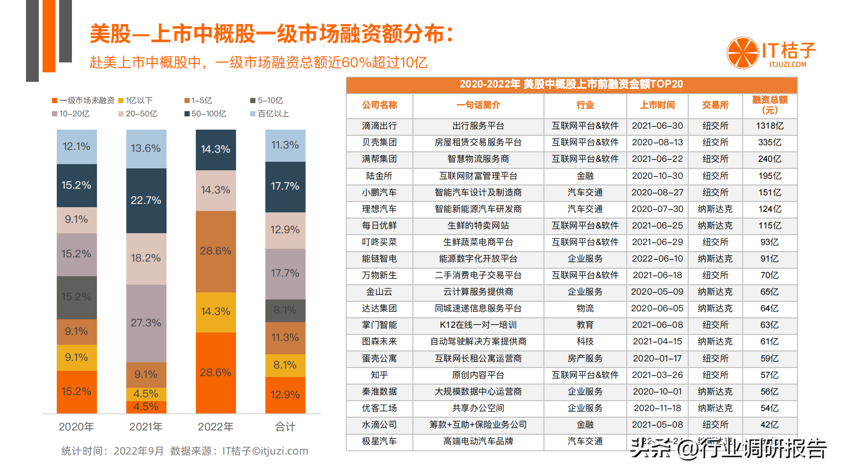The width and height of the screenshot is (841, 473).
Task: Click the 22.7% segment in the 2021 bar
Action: click(x=146, y=201)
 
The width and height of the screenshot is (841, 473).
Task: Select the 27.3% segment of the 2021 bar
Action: click(x=146, y=323)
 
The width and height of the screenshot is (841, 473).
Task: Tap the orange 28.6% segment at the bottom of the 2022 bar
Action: click(x=216, y=373)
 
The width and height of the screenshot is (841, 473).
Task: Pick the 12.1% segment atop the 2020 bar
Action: click(x=77, y=147)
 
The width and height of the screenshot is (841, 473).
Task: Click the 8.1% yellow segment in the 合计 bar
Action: click(x=285, y=365)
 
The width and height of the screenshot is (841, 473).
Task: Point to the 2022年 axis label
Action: click(x=216, y=427)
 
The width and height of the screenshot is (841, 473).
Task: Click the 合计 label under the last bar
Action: click(x=285, y=427)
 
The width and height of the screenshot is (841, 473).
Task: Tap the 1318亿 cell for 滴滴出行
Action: click(x=770, y=126)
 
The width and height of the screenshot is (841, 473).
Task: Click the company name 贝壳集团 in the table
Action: click(x=379, y=142)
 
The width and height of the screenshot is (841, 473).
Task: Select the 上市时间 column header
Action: click(x=657, y=105)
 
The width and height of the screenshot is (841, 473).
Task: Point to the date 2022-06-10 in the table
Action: click(x=657, y=259)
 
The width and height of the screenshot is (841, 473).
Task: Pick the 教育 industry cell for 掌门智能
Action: click(x=585, y=325)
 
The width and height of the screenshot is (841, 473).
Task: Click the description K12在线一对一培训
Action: click(x=478, y=325)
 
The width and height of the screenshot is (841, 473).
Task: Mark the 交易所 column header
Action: click(x=715, y=105)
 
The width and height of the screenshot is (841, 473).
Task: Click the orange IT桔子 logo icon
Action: click(x=743, y=53)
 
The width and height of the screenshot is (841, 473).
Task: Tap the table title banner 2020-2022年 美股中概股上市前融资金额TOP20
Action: click(x=571, y=85)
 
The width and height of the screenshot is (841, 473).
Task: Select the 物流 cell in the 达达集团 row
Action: click(x=585, y=308)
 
